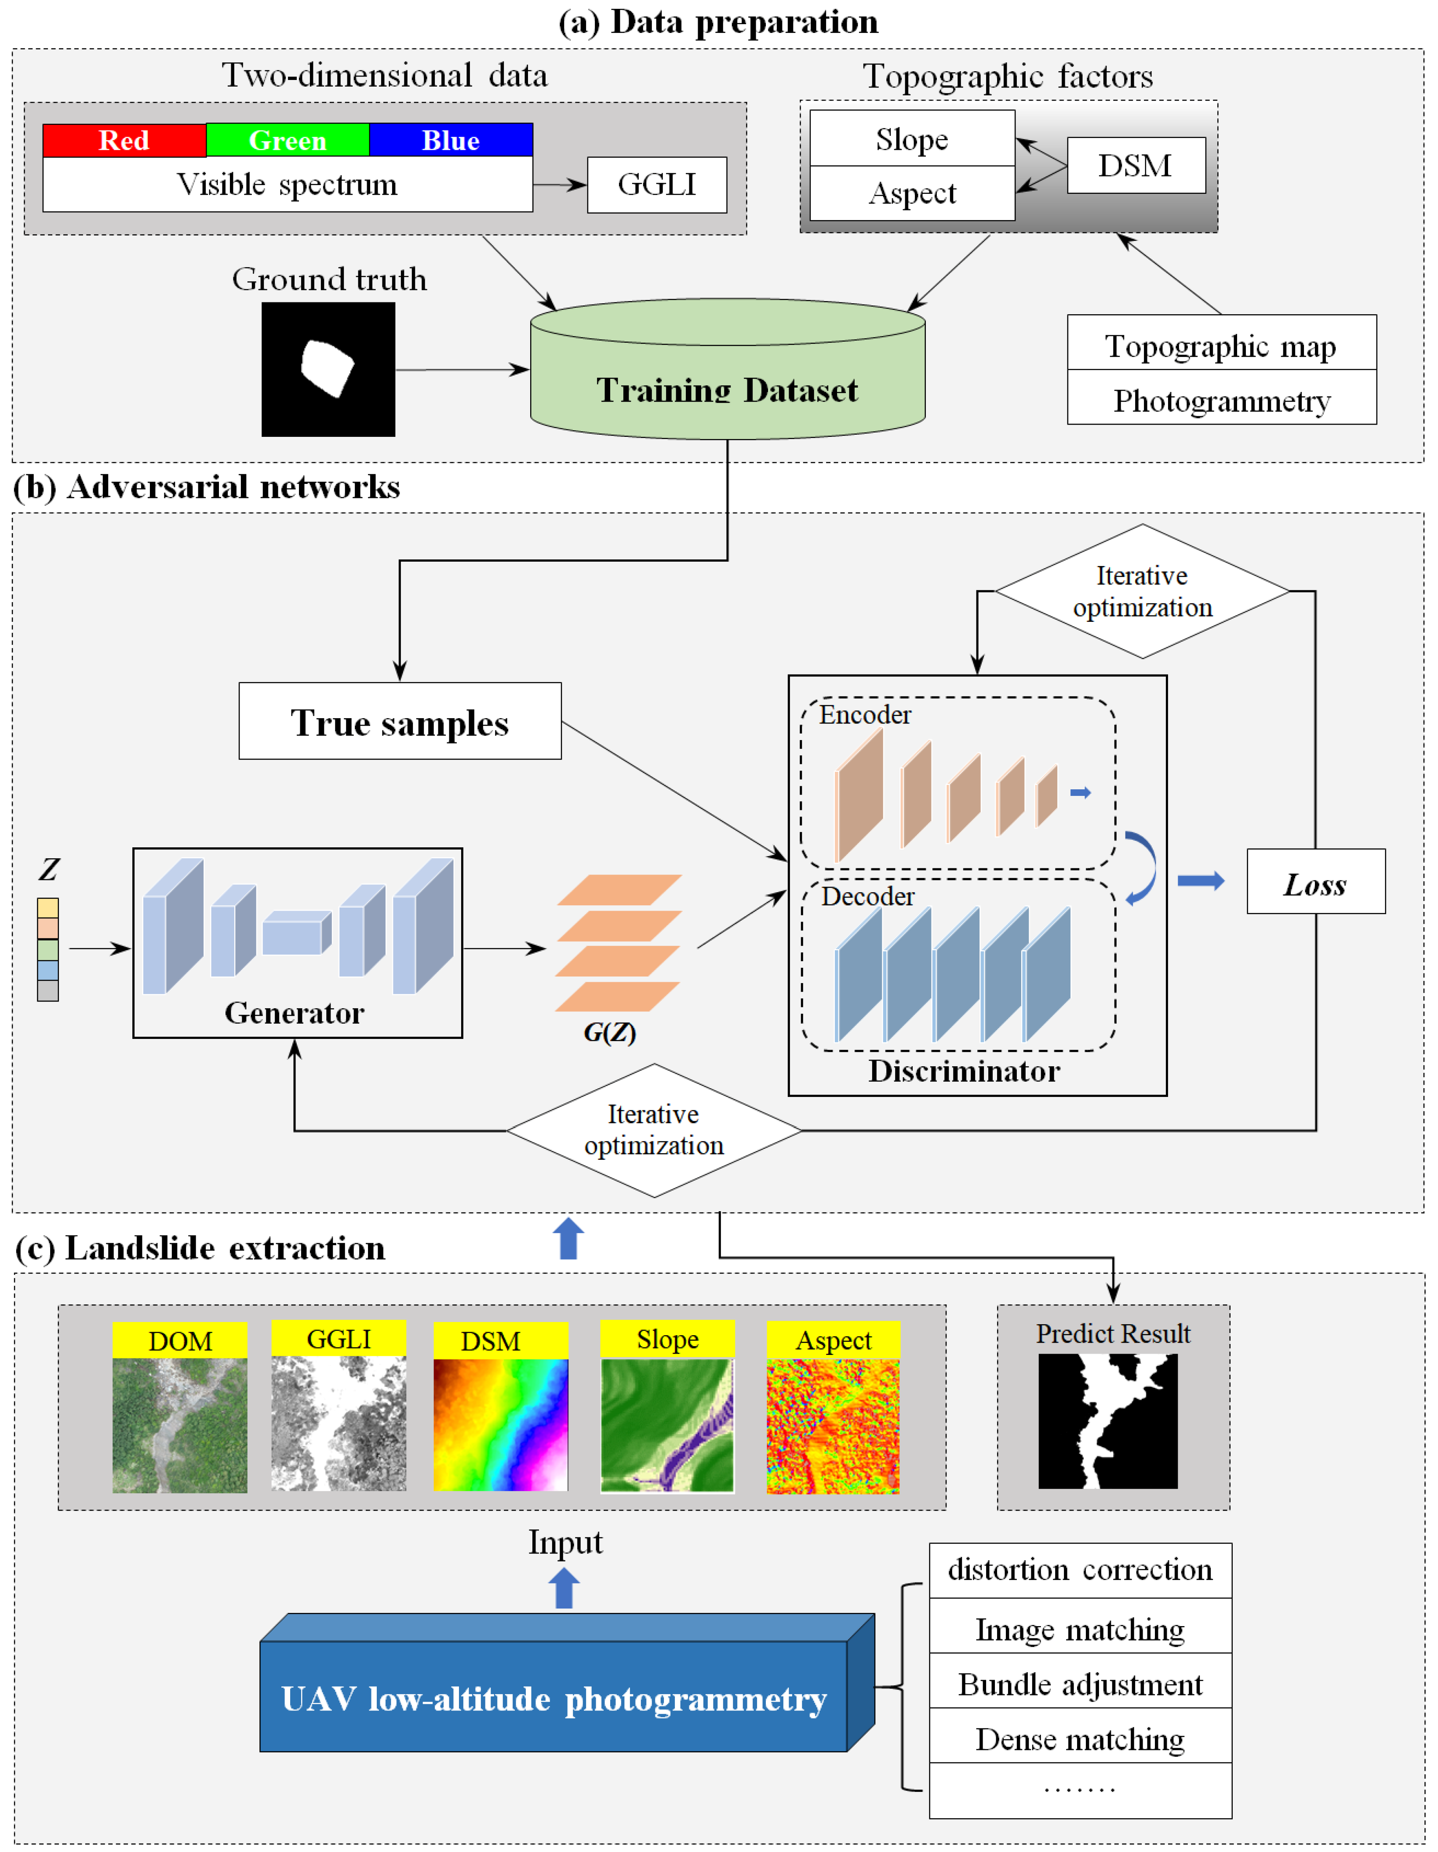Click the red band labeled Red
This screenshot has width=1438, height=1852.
coord(124,140)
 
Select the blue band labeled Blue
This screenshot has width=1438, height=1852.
coord(451,140)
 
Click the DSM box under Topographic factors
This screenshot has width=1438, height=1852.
coord(1135,165)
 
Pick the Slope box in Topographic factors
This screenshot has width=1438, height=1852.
coord(912,138)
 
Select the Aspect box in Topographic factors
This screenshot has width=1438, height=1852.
coord(912,193)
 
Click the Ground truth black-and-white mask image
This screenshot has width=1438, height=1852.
coord(328,370)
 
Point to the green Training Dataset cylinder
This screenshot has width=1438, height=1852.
coord(727,378)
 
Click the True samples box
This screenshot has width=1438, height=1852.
coord(400,722)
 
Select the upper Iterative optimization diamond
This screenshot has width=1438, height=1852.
coord(1142,591)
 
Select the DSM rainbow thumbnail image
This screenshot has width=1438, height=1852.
coord(501,1425)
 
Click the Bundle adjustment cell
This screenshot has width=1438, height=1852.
coord(1080,1684)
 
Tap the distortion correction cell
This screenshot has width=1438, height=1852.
coord(1080,1569)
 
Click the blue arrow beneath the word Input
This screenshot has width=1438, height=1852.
coord(564,1588)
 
